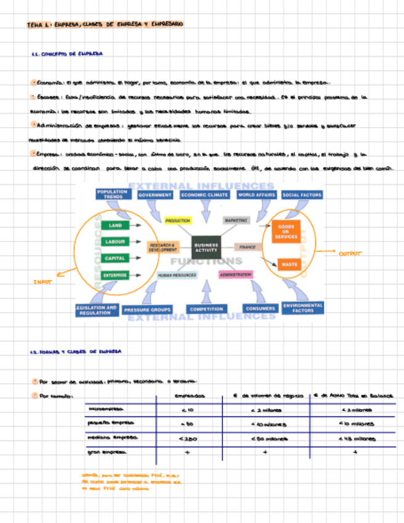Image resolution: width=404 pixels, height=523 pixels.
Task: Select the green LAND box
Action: pyautogui.click(x=115, y=226)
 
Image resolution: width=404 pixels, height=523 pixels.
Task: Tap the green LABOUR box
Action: pyautogui.click(x=115, y=242)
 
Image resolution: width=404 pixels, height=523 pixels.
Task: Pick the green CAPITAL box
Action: pyautogui.click(x=115, y=258)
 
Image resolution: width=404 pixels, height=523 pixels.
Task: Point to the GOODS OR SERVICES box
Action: pyautogui.click(x=286, y=231)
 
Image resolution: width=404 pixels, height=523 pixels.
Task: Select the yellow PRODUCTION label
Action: pyautogui.click(x=177, y=220)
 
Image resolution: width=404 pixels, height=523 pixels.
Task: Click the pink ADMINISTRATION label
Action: pyautogui.click(x=235, y=274)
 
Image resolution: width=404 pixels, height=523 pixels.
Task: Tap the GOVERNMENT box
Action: pyautogui.click(x=155, y=195)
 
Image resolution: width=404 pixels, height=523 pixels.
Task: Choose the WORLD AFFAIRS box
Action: pyautogui.click(x=256, y=195)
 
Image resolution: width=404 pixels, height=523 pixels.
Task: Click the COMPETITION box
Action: pyautogui.click(x=206, y=309)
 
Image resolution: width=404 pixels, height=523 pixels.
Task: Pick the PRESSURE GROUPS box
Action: pyautogui.click(x=147, y=310)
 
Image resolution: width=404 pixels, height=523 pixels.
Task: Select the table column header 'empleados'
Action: pyautogui.click(x=190, y=396)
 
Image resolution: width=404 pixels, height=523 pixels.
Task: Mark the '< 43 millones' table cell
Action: pyautogui.click(x=357, y=439)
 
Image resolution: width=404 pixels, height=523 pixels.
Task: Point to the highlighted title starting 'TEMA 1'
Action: pyautogui.click(x=105, y=24)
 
